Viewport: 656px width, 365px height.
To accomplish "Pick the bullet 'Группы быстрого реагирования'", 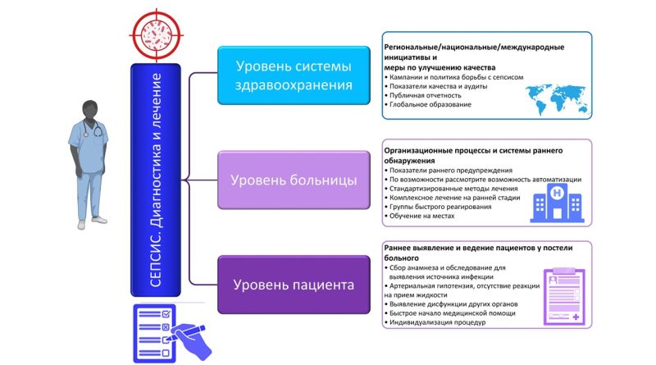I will click(x=440, y=206).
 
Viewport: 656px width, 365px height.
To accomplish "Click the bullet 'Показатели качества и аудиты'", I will click(x=435, y=85).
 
